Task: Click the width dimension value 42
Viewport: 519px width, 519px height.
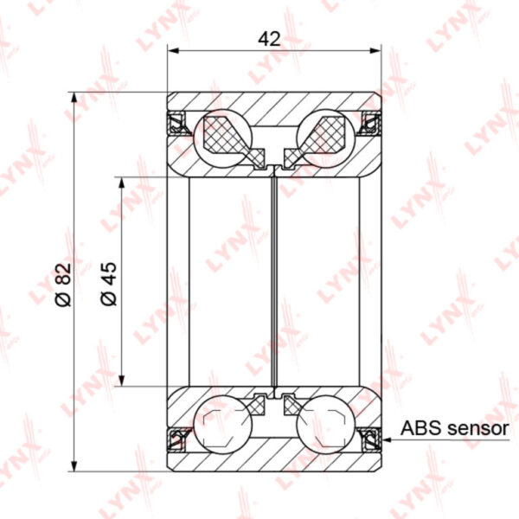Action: tap(269, 39)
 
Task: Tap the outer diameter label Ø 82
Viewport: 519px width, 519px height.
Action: tap(63, 285)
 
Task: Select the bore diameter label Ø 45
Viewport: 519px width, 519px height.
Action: tap(109, 284)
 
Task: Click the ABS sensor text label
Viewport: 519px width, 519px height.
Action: tap(454, 428)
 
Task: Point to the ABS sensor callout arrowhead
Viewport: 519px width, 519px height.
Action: tap(387, 440)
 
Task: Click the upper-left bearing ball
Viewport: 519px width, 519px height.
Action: tap(222, 138)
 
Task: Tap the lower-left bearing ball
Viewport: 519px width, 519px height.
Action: tap(222, 425)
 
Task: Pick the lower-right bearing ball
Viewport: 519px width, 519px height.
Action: tap(326, 425)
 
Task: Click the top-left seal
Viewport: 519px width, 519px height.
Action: tap(176, 123)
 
